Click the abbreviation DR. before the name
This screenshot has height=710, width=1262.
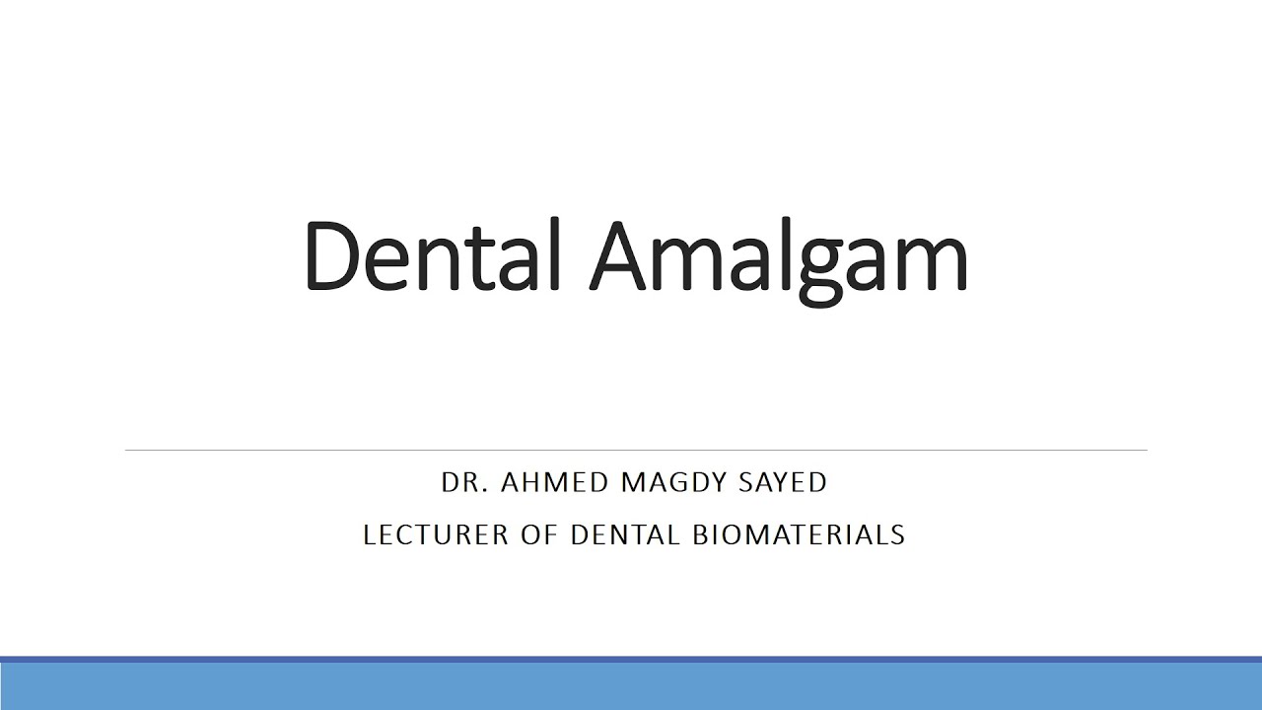coord(465,482)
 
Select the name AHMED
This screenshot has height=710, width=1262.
coord(556,482)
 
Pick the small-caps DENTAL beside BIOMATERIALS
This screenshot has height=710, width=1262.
coord(625,534)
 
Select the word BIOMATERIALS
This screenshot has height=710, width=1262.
coord(799,534)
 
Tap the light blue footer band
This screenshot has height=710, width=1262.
coord(631,686)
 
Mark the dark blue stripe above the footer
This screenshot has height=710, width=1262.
coord(631,659)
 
